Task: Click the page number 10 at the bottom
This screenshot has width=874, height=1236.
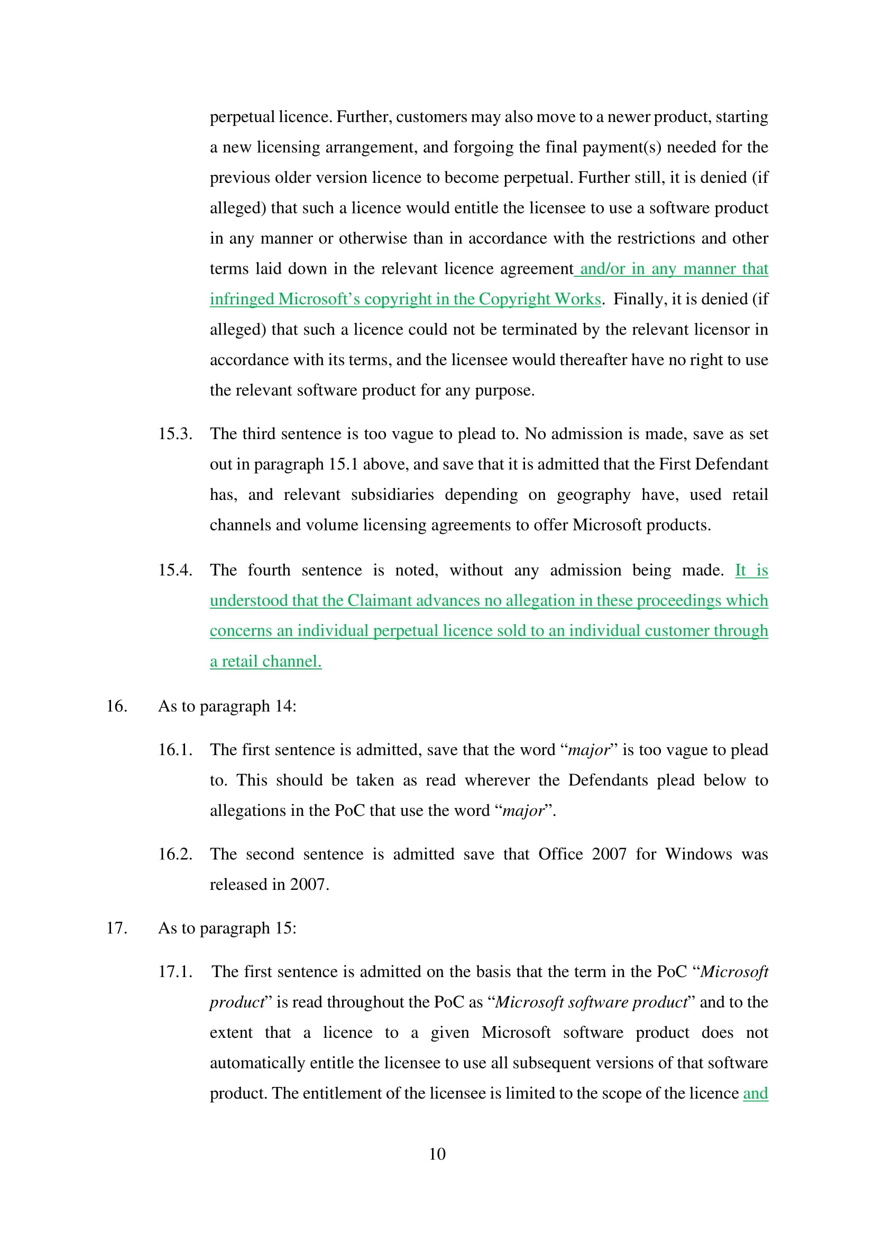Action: tap(437, 1153)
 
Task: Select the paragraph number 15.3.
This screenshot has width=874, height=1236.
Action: tap(175, 433)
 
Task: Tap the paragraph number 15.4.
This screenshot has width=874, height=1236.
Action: tap(175, 570)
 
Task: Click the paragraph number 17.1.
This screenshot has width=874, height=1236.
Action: tap(175, 971)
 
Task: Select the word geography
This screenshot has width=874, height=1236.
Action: tap(593, 494)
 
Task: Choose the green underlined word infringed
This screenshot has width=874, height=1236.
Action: tap(242, 299)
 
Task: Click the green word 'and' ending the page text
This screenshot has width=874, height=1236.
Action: tap(755, 1093)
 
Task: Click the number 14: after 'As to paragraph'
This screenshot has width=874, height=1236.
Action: tap(285, 706)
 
